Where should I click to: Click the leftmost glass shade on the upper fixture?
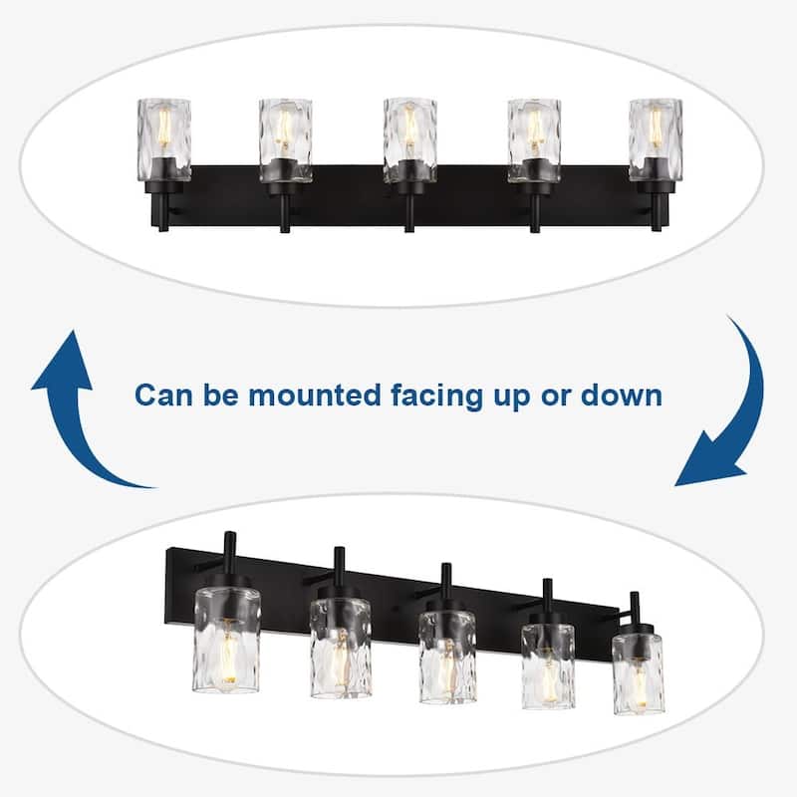click(x=163, y=139)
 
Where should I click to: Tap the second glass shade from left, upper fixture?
click(x=286, y=139)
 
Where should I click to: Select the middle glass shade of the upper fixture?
click(x=409, y=139)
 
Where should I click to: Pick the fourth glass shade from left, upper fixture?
click(x=533, y=139)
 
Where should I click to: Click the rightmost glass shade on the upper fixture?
click(x=656, y=139)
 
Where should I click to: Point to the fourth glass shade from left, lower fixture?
click(x=548, y=664)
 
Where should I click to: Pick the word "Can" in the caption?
click(x=161, y=396)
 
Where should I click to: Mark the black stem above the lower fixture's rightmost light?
click(x=635, y=608)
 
